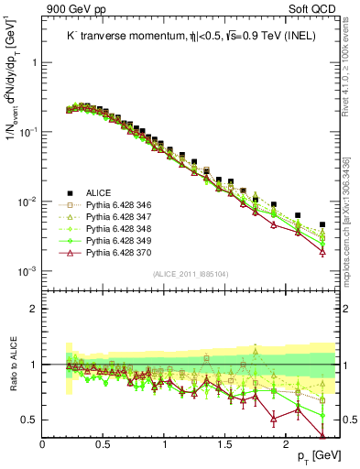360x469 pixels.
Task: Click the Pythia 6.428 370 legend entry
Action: pos(124,259)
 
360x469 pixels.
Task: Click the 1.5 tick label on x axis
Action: pos(225,443)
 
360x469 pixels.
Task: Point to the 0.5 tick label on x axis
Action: pos(104,443)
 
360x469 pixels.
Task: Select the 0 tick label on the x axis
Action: pos(43,443)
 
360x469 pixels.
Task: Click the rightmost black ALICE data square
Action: pos(322,224)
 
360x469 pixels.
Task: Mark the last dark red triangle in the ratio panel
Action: pos(322,435)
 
